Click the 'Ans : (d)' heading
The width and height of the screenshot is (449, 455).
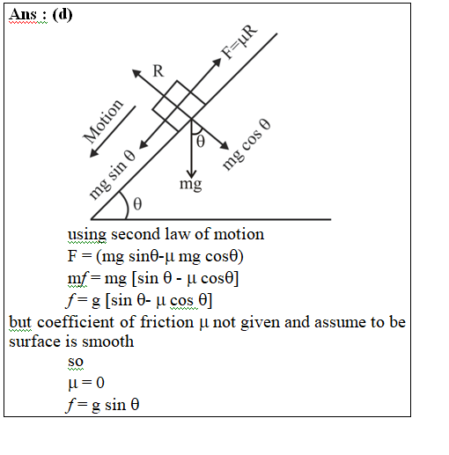[40, 14]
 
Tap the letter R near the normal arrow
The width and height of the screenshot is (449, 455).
[158, 71]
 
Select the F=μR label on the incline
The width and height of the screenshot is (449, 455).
[239, 42]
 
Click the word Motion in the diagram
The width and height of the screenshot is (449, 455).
[103, 121]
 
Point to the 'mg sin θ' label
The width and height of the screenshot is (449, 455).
[112, 175]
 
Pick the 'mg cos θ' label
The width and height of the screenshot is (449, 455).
[247, 144]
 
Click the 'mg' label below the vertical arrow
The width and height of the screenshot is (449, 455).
[191, 185]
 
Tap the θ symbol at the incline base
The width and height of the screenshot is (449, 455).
[137, 203]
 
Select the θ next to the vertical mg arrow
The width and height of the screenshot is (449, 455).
[200, 142]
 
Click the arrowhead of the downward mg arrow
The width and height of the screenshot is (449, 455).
[191, 173]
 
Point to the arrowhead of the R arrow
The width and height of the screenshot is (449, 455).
[136, 73]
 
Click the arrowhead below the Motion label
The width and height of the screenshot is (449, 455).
[93, 153]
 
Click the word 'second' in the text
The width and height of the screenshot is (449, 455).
[136, 234]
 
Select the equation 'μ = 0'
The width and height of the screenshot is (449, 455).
[86, 383]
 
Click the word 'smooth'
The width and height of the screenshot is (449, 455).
[107, 341]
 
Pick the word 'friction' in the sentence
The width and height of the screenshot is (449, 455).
[166, 322]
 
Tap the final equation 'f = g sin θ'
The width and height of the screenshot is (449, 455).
[102, 405]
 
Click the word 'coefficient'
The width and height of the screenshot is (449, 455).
[77, 322]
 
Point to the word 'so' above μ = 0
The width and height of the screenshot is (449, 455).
[76, 362]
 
